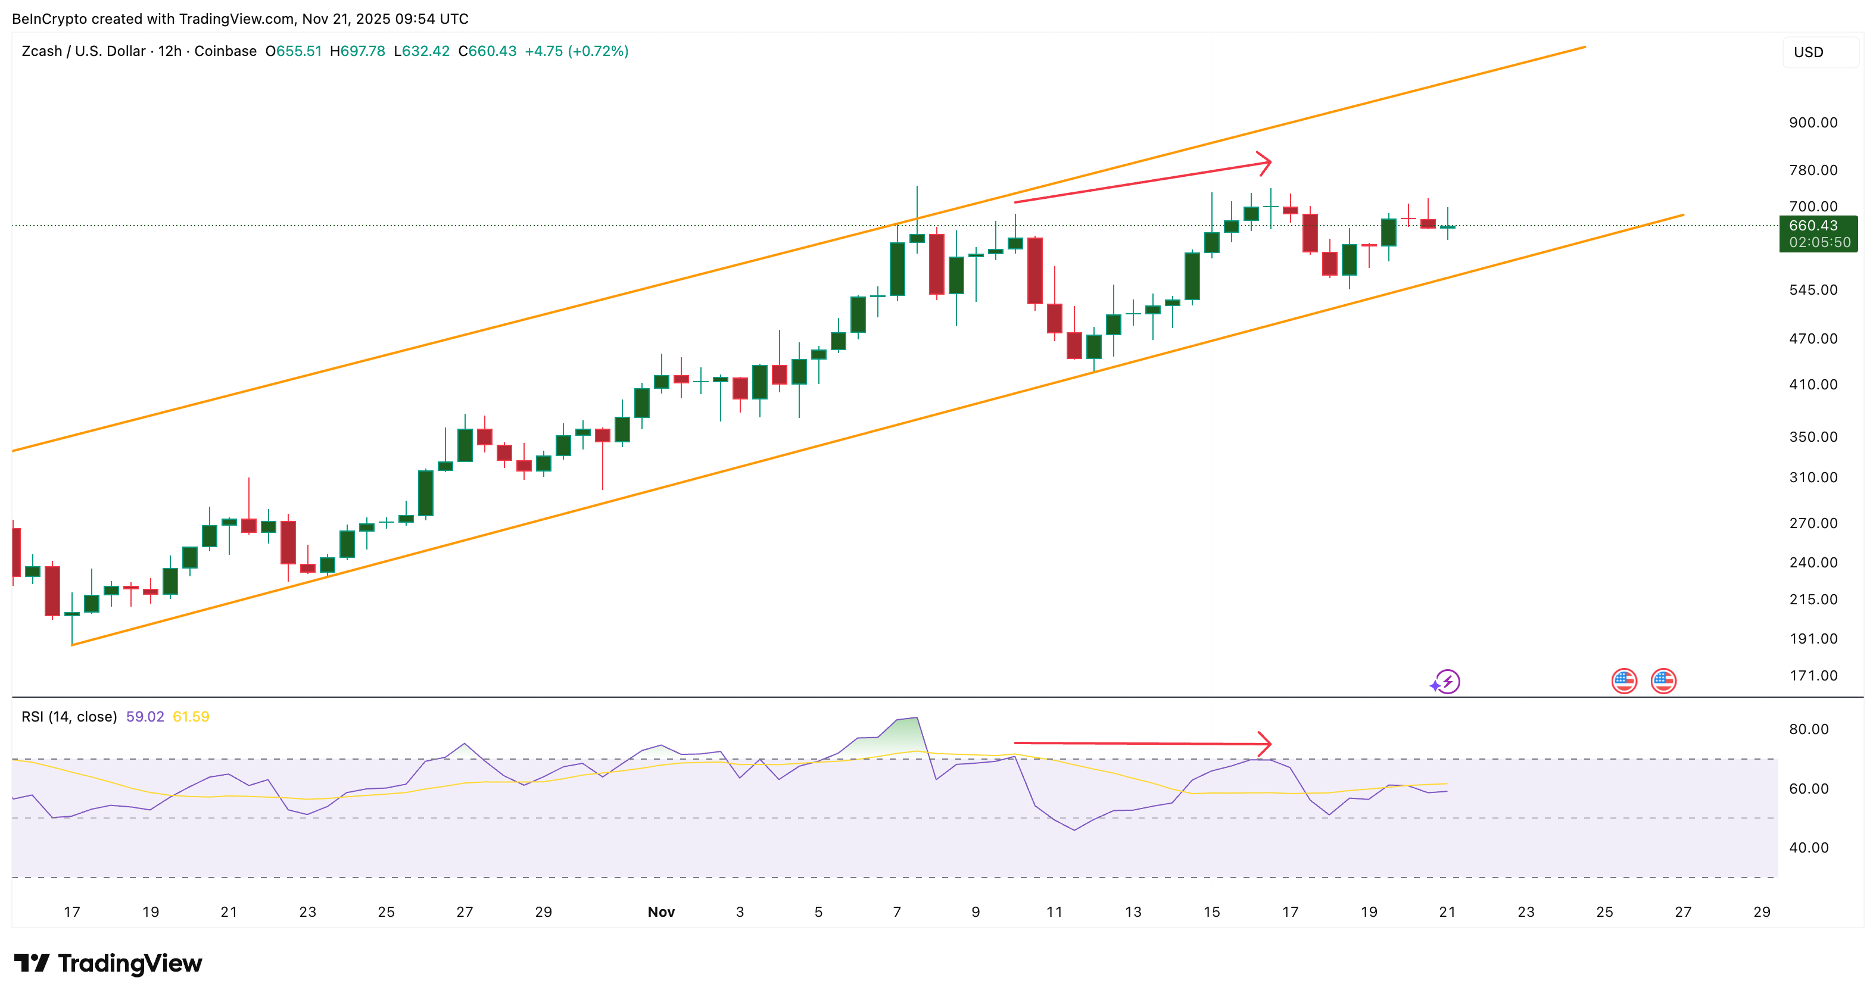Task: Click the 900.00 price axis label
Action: (1813, 122)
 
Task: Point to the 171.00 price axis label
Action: (1813, 676)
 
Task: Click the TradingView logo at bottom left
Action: (108, 963)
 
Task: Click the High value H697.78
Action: (357, 51)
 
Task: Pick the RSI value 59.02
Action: (145, 716)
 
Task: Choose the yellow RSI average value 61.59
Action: (191, 716)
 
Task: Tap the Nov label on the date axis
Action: (661, 911)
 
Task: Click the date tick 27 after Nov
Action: (1683, 911)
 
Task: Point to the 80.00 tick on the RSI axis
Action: (1808, 729)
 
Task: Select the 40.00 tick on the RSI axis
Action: (1808, 848)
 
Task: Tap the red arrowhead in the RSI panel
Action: (1266, 744)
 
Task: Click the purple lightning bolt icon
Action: (1447, 682)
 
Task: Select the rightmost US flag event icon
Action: (1663, 682)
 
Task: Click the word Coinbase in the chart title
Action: (225, 51)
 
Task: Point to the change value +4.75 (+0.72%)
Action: (576, 51)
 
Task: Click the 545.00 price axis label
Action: (1813, 290)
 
